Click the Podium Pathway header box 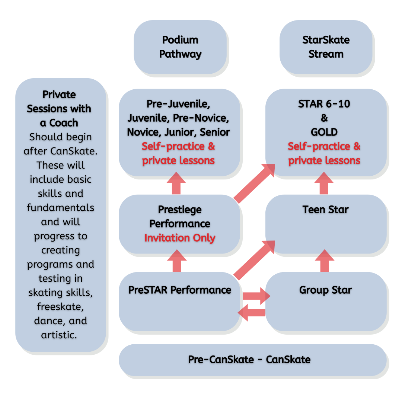click(x=180, y=47)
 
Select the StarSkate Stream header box click(x=326, y=47)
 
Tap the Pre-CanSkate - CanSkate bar click(x=249, y=360)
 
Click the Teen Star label click(x=325, y=210)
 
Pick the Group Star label click(x=325, y=290)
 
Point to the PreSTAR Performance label click(x=180, y=290)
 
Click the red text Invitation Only click(x=180, y=238)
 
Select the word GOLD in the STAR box click(x=324, y=132)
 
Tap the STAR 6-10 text click(x=324, y=104)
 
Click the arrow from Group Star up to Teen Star click(x=325, y=261)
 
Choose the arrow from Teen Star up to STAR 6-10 click(x=324, y=184)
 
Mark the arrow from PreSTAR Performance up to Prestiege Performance click(x=177, y=261)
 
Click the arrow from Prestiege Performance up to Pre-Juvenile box click(x=176, y=184)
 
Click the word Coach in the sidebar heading click(x=64, y=123)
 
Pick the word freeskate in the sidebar click(x=60, y=307)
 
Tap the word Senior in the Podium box click(x=215, y=132)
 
